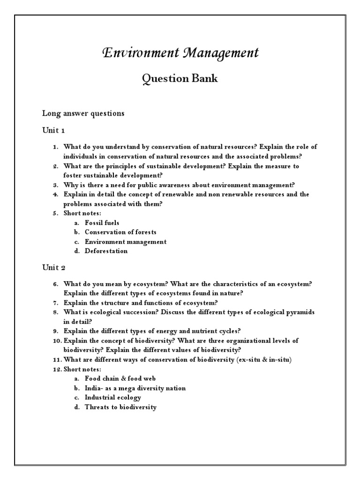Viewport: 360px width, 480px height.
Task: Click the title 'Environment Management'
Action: click(x=180, y=53)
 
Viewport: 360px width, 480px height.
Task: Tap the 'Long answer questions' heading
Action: click(x=83, y=113)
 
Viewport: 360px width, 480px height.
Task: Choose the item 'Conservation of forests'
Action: click(x=120, y=232)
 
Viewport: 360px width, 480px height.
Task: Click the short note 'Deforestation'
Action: click(x=106, y=251)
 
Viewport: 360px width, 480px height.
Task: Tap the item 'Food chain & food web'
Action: click(x=120, y=378)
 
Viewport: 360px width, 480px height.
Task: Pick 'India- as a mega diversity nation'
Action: click(x=135, y=388)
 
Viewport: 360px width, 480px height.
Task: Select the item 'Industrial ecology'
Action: click(x=113, y=397)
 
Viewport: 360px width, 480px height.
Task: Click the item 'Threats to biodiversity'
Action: click(x=120, y=407)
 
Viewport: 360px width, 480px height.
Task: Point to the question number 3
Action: click(x=55, y=185)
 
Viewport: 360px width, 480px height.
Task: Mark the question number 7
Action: click(x=55, y=302)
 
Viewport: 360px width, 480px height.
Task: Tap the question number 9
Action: click(x=55, y=331)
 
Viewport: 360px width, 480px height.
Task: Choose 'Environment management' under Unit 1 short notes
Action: click(x=126, y=241)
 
